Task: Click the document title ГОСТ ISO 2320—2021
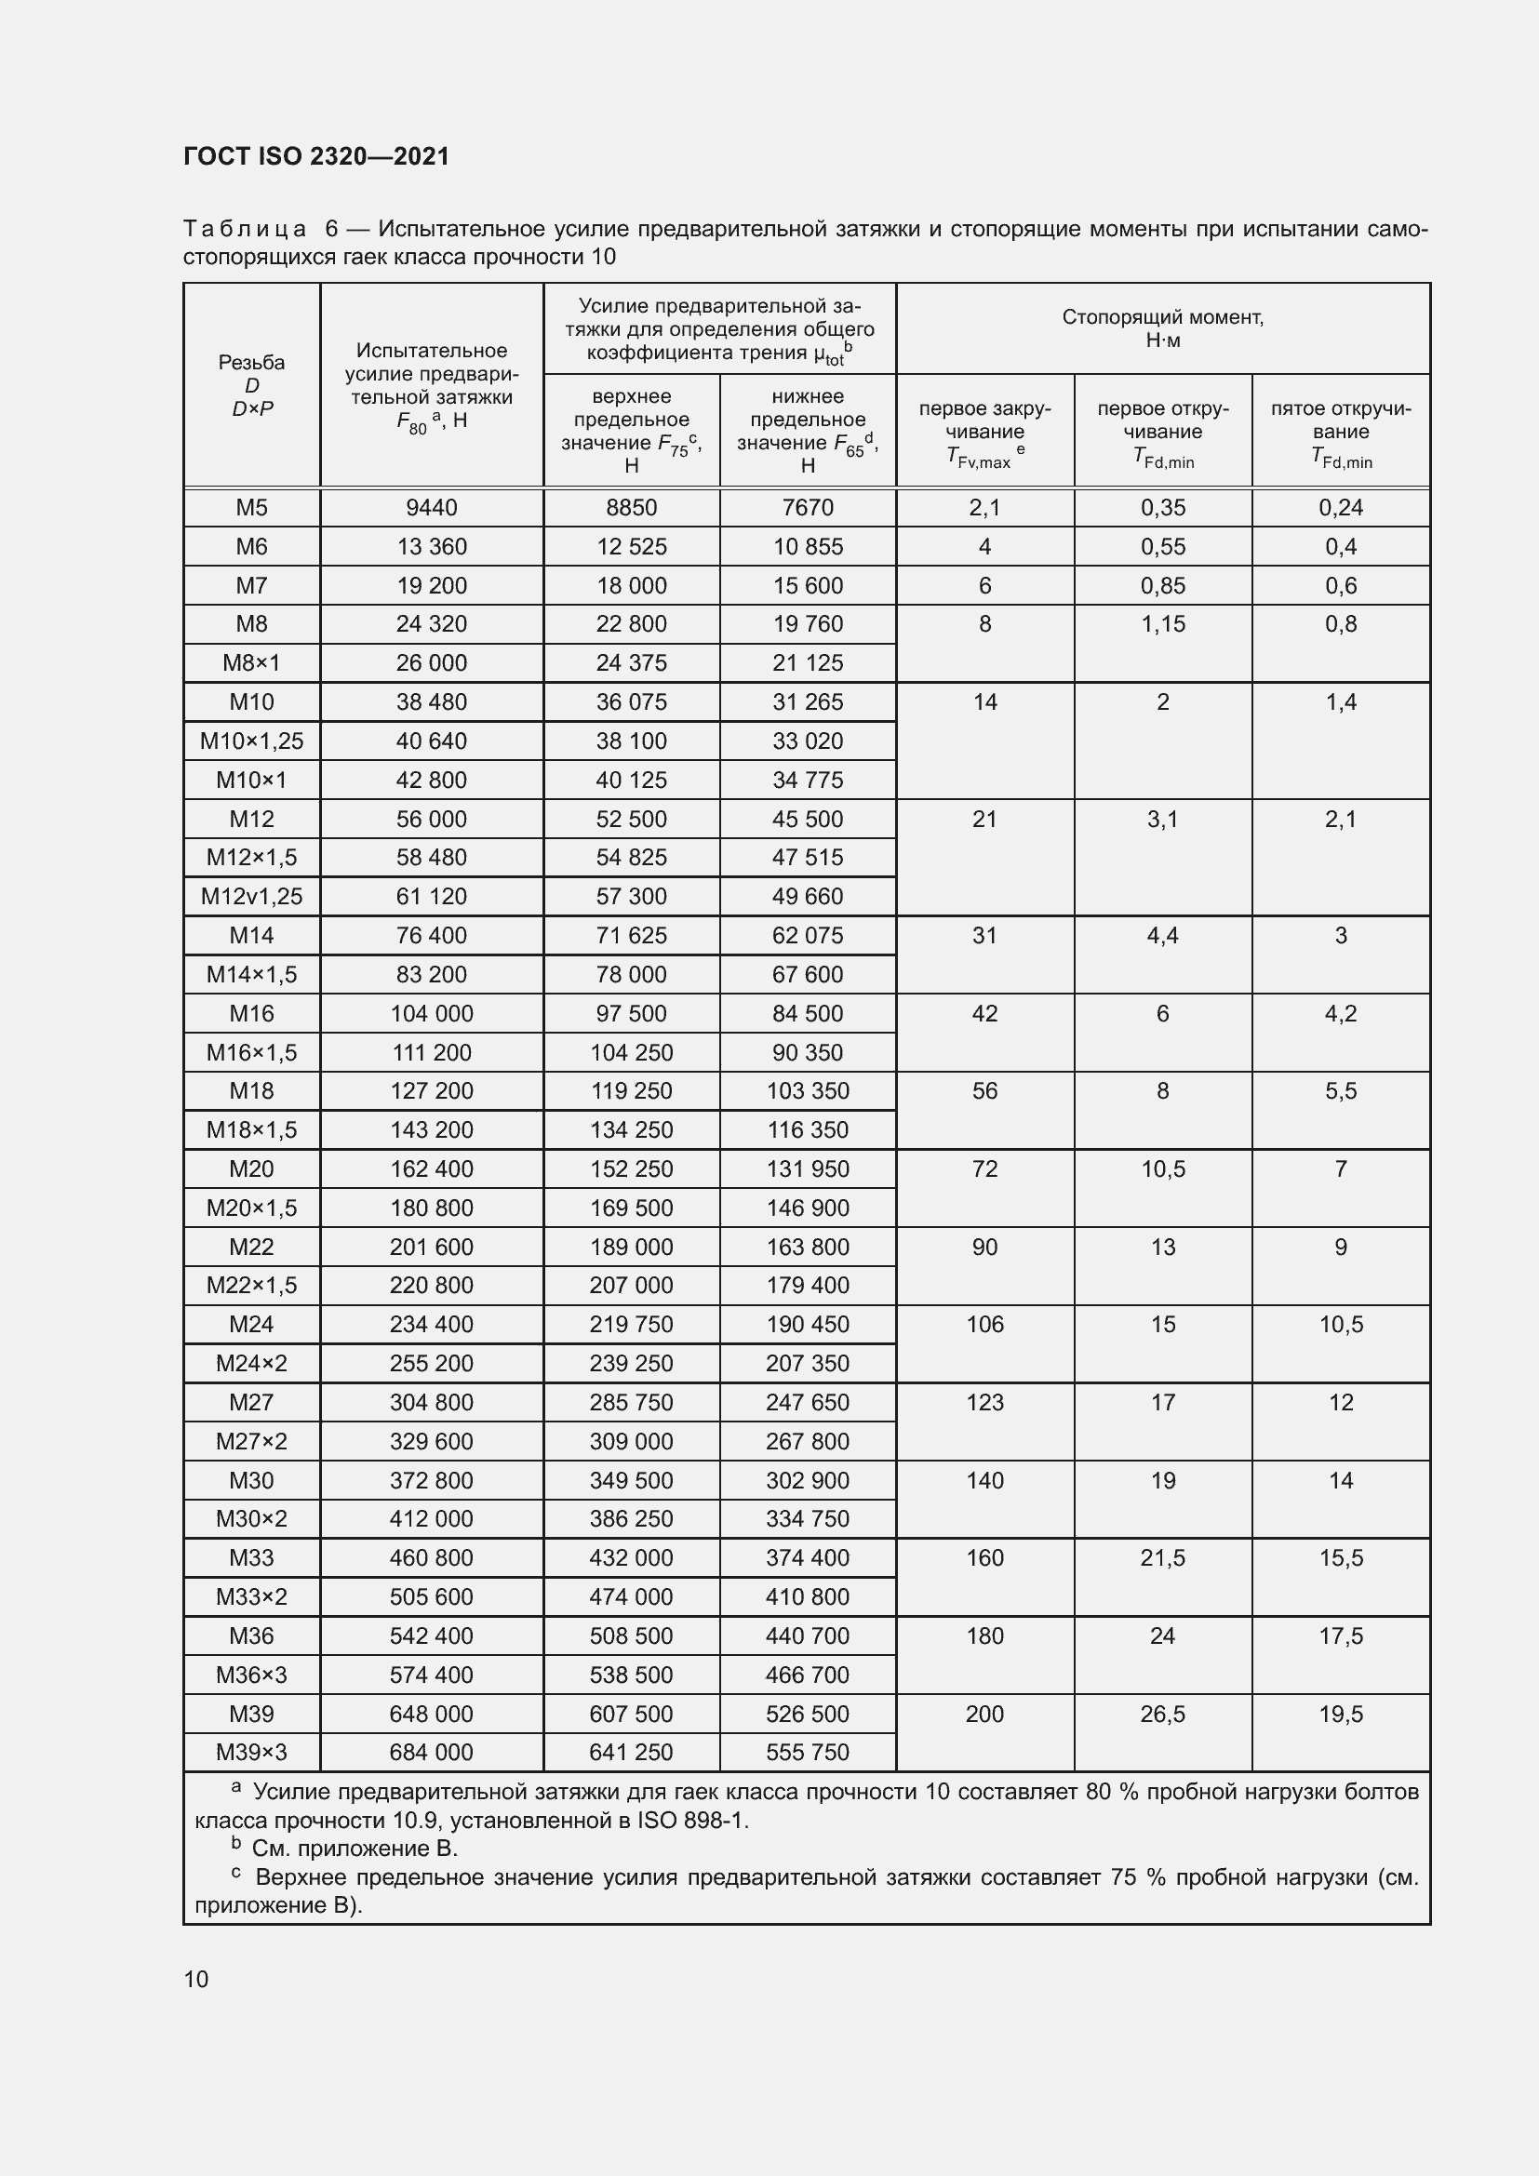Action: coord(315,156)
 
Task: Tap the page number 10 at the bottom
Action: coord(196,1979)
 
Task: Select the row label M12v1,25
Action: coord(251,897)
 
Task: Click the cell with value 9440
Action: coord(431,508)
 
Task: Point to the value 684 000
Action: coord(431,1753)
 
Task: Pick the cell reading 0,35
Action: coord(1163,508)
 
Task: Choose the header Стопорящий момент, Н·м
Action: coord(1162,328)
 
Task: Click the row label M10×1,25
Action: coord(251,741)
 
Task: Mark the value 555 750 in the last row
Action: coord(808,1753)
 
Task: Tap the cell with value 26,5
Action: coord(1163,1714)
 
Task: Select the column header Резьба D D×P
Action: coord(251,386)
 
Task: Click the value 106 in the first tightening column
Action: coord(984,1325)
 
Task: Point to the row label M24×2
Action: coord(251,1364)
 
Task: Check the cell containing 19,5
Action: coord(1341,1714)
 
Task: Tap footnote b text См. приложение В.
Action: coord(355,1849)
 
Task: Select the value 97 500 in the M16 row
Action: coord(631,1014)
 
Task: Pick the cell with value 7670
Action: coord(808,508)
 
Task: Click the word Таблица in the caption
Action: coord(245,230)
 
